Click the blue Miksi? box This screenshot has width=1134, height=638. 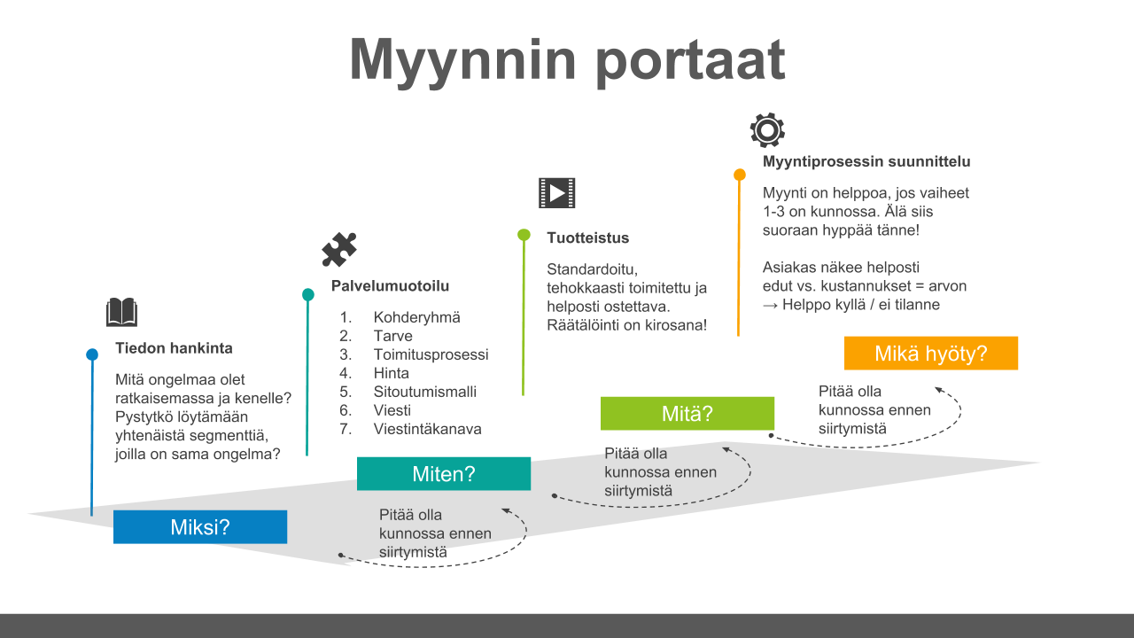click(x=200, y=526)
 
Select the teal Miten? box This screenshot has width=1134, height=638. click(x=444, y=473)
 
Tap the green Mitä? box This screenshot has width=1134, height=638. click(x=687, y=413)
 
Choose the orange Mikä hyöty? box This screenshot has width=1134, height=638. click(x=930, y=353)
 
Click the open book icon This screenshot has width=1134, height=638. click(x=121, y=312)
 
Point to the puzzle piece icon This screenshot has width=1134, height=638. click(x=339, y=249)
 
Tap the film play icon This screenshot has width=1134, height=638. click(x=557, y=193)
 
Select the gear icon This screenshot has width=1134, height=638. click(x=767, y=129)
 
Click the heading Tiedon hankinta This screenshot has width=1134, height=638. click(x=174, y=348)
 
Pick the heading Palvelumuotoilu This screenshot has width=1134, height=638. click(x=390, y=285)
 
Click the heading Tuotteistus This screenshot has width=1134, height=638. click(x=587, y=237)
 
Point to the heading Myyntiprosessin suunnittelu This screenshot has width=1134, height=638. click(x=866, y=161)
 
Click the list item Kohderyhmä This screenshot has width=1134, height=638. click(x=416, y=317)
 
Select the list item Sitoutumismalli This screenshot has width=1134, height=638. click(x=424, y=392)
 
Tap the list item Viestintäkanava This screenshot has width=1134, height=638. click(x=427, y=429)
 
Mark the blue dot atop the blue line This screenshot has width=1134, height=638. click(x=92, y=354)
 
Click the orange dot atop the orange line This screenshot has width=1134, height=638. click(x=740, y=175)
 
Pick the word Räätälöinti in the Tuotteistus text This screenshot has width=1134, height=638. click(x=583, y=324)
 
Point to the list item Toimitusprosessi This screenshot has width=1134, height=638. click(x=431, y=354)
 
